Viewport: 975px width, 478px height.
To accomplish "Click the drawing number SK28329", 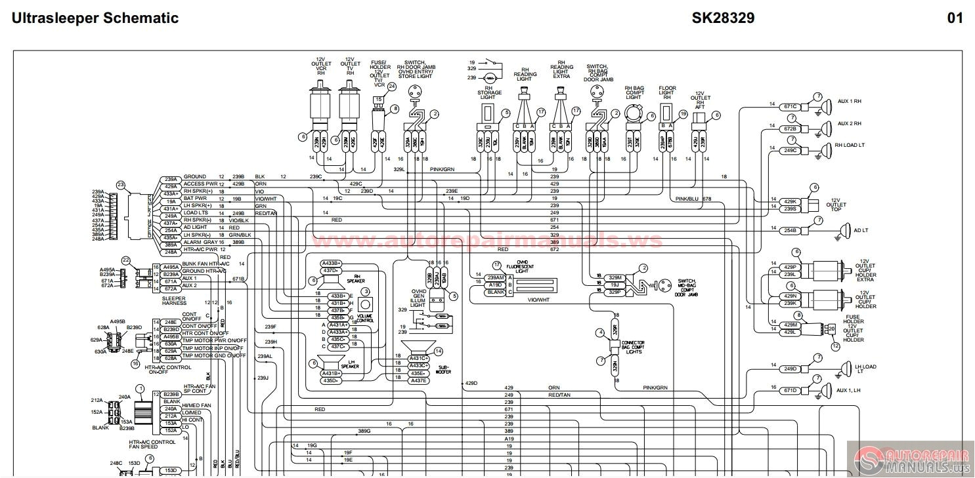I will [x=723, y=18].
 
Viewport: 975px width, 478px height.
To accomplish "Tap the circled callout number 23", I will [x=120, y=185].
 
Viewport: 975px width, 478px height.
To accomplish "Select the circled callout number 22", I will [x=126, y=260].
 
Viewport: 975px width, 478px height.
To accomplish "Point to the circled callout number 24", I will [x=392, y=86].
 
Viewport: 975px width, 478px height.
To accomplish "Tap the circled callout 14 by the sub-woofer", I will [x=438, y=351].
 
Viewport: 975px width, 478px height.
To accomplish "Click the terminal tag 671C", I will [x=790, y=106].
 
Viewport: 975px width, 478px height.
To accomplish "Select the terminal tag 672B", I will [x=790, y=129].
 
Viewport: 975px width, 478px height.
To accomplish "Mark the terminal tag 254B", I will [x=790, y=230].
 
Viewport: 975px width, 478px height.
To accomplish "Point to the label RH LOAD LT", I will [x=850, y=146].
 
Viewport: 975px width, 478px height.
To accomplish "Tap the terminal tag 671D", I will [x=790, y=390].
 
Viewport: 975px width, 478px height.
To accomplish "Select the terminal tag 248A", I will [x=171, y=252].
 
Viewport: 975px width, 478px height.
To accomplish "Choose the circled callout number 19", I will [x=683, y=113].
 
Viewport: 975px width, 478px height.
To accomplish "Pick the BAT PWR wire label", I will [x=194, y=199].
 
